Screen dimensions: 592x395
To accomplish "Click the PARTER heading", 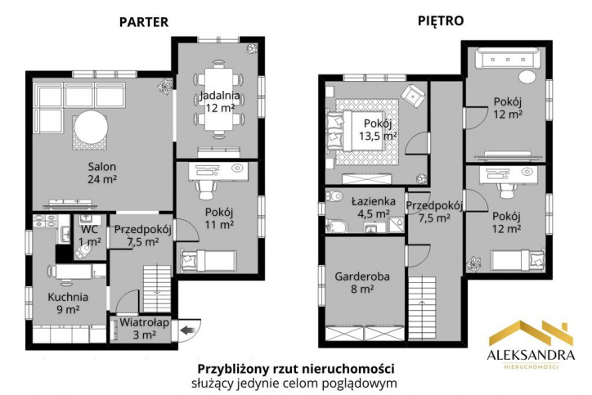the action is tap(144, 22).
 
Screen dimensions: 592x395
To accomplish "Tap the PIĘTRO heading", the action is tap(441, 20).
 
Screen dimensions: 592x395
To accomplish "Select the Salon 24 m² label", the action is tap(102, 173).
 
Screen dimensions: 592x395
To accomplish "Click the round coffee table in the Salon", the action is tap(91, 127).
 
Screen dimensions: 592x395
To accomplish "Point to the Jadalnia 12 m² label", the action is tap(220, 101).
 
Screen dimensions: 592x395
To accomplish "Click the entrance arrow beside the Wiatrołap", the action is tap(187, 331).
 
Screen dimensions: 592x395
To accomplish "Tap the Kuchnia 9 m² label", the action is tap(68, 303).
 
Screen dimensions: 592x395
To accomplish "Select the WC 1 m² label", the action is tap(89, 236).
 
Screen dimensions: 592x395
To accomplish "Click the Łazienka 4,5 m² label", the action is tap(374, 208).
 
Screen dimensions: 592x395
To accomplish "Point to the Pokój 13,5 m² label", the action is tap(378, 129).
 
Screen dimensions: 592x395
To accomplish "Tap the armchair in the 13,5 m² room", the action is tap(413, 96).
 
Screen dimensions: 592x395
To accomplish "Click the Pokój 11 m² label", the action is tap(219, 218).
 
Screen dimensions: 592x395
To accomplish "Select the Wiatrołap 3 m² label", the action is tap(144, 329).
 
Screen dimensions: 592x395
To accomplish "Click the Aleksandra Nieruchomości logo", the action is tap(531, 344).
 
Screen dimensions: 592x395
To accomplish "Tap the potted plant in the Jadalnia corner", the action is tap(252, 48).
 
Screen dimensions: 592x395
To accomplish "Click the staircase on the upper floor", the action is tap(422, 307).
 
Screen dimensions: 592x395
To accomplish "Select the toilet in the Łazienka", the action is tap(334, 196).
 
